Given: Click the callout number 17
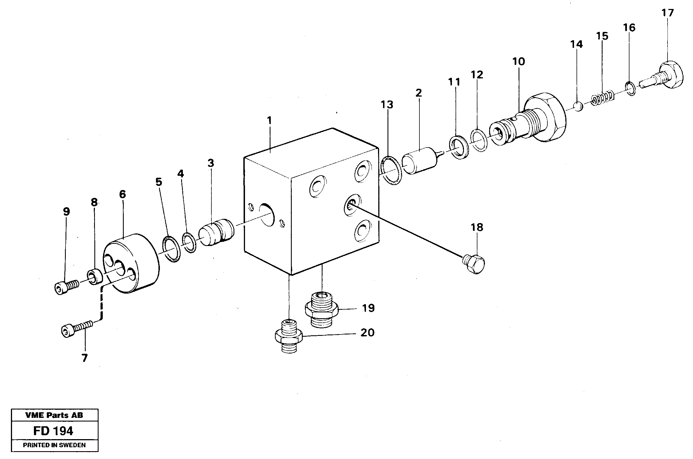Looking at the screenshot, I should tap(668, 13).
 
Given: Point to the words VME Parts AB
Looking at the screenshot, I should tap(54, 415).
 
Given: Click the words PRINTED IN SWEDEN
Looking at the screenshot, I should tap(54, 446).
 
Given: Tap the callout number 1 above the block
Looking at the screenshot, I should tap(269, 120).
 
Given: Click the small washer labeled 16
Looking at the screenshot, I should tap(630, 89).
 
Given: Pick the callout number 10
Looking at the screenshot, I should tap(519, 62).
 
